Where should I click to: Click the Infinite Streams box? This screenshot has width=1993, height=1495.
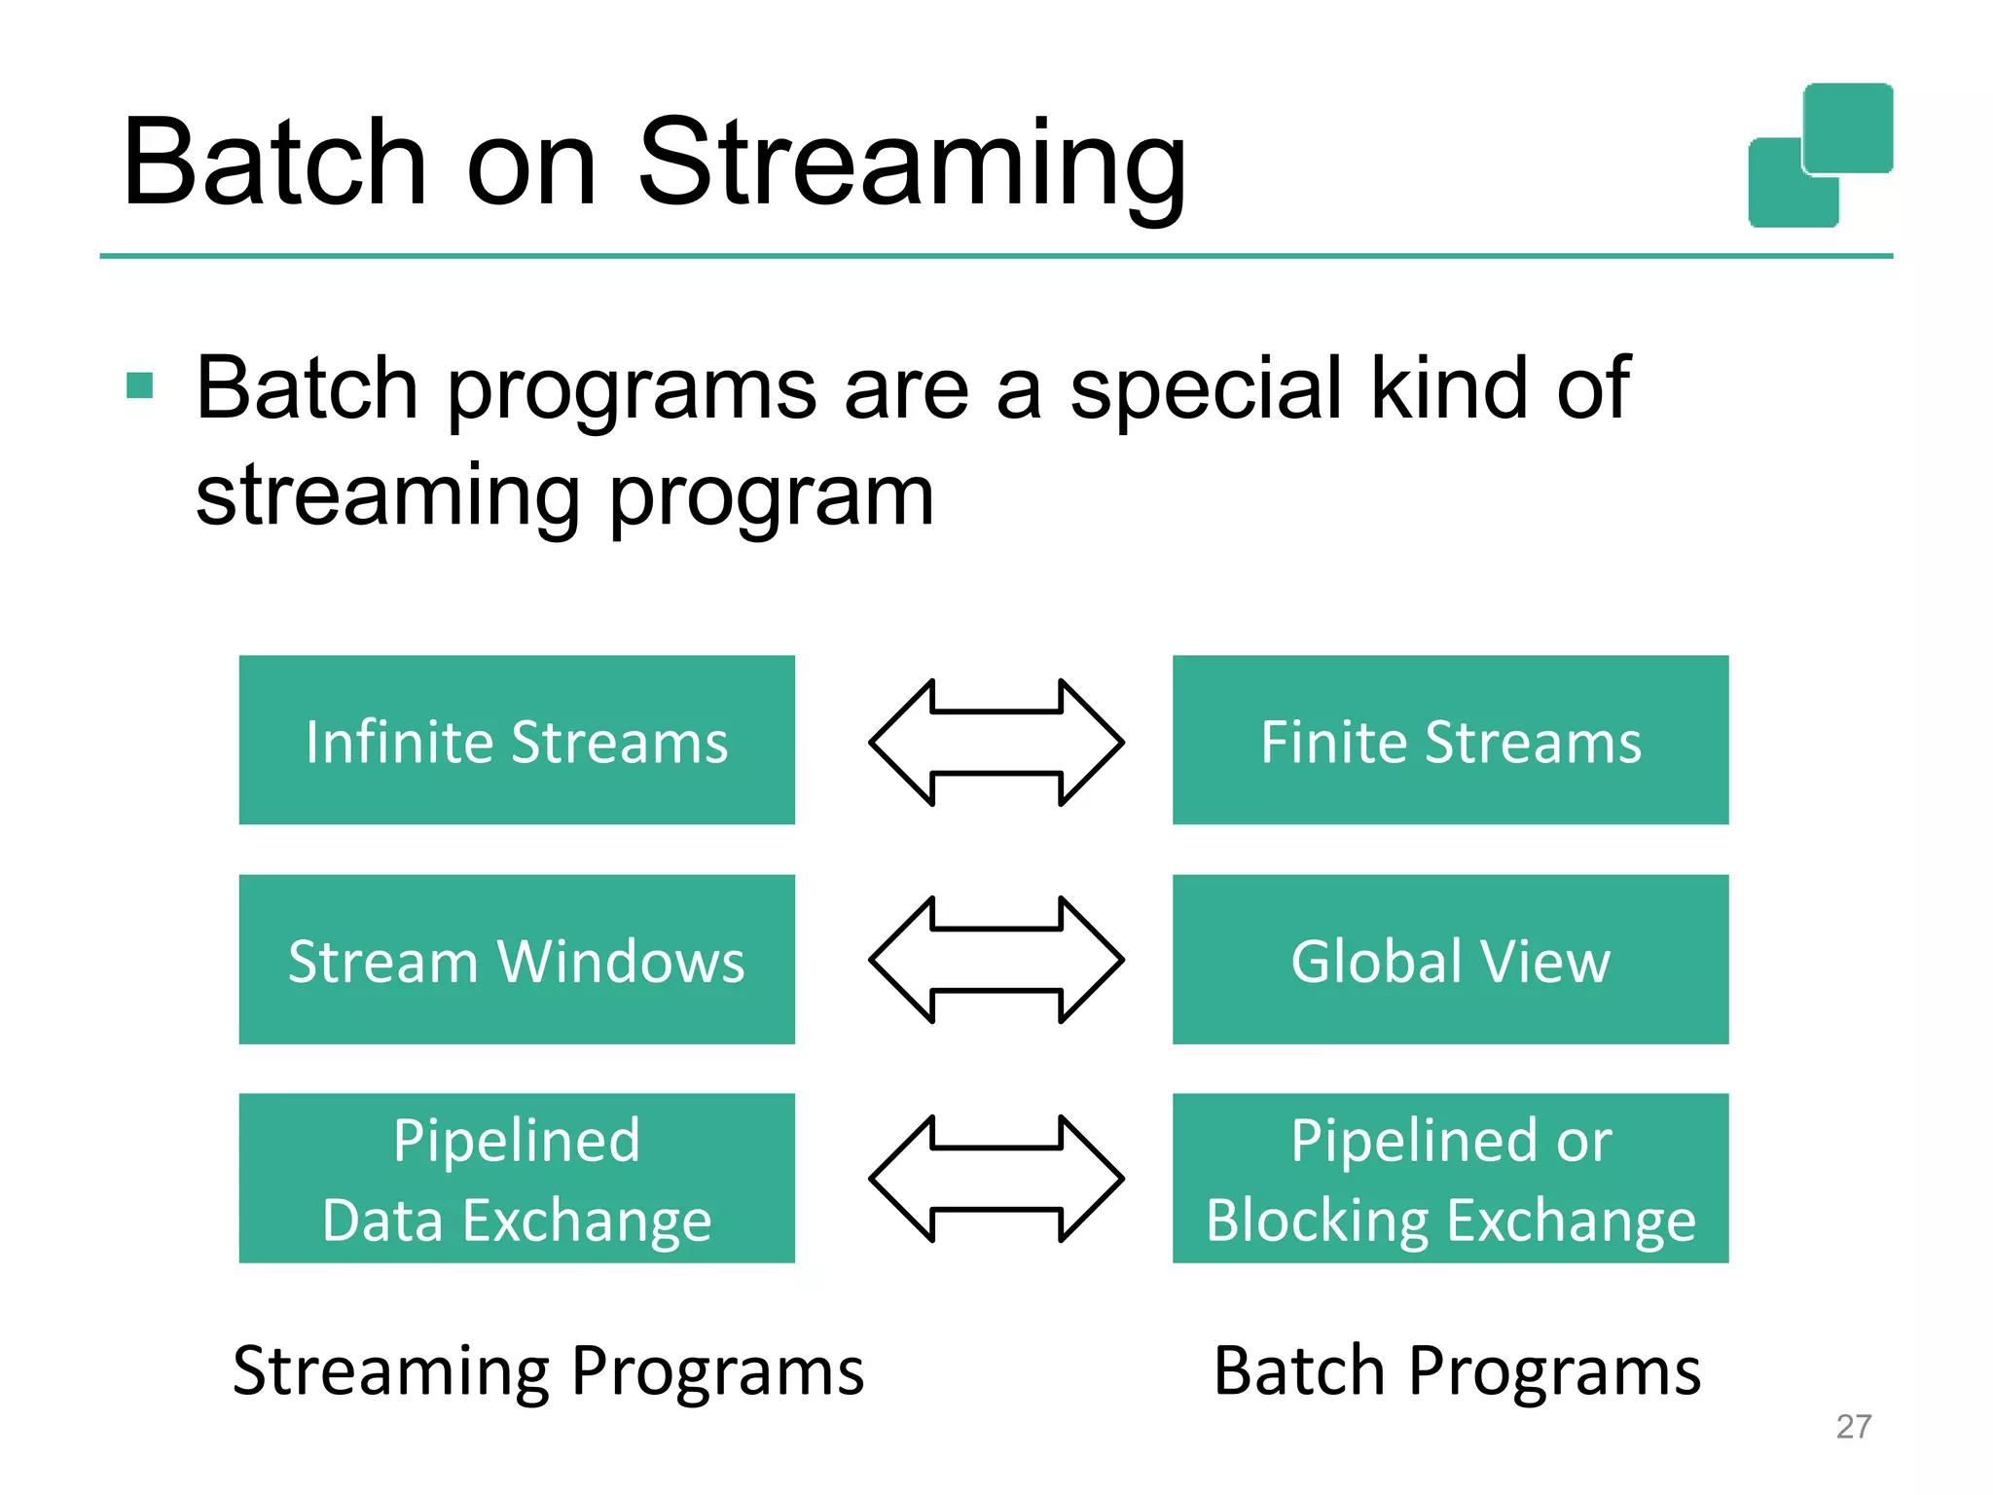point(517,741)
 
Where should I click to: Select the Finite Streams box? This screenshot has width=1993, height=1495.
point(1450,741)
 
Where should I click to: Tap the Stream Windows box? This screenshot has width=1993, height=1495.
point(517,960)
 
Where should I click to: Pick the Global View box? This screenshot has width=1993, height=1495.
point(1450,960)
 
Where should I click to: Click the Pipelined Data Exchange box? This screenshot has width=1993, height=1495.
point(517,1179)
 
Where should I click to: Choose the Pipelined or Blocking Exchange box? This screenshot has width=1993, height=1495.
point(1450,1179)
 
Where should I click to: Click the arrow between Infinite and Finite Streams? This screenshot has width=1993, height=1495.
point(996,743)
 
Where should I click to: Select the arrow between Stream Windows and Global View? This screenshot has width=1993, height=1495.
point(996,960)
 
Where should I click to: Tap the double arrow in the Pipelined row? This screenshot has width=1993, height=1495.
point(996,1179)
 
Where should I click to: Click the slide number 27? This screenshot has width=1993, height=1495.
point(1853,1427)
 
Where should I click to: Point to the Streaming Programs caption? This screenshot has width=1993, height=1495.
point(548,1370)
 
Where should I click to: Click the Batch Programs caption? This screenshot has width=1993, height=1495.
point(1457,1370)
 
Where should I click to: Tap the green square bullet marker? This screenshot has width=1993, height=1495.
point(140,385)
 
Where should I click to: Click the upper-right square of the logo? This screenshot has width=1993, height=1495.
point(1848,127)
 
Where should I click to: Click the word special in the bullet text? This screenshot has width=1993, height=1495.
point(1207,389)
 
